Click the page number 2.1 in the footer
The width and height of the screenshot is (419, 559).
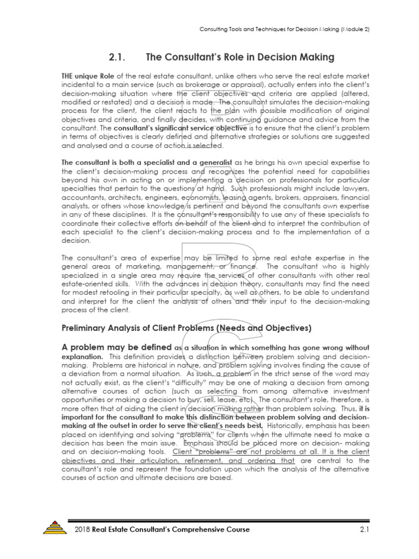pos(365,530)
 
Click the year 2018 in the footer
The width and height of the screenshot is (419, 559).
pos(82,530)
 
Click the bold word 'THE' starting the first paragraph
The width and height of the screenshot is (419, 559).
pos(68,76)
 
